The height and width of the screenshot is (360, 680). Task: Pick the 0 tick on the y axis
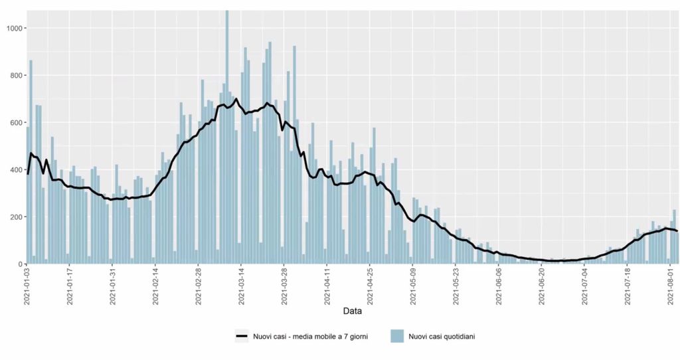tap(20, 264)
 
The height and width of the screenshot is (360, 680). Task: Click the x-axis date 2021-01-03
tap(27, 286)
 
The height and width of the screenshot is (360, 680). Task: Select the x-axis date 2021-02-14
tap(156, 286)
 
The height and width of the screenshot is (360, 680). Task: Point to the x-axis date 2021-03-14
tap(242, 286)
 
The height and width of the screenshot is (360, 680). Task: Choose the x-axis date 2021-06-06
tap(499, 286)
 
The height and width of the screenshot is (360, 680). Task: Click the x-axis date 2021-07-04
tap(584, 286)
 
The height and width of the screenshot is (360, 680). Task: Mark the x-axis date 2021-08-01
tap(670, 286)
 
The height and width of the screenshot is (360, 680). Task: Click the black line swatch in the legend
tap(242, 337)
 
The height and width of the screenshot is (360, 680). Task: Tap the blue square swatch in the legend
tap(397, 337)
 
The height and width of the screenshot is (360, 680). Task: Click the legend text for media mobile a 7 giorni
tap(310, 337)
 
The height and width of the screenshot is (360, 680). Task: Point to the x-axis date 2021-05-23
tap(456, 286)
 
